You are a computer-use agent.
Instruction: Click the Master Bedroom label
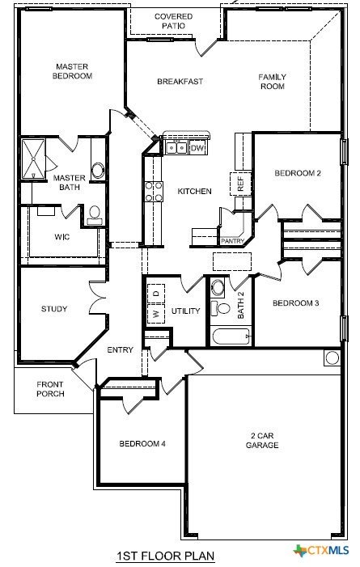[72, 71]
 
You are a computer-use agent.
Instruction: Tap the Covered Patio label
[173, 21]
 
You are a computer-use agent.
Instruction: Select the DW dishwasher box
[197, 148]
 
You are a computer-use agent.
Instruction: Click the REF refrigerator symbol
[240, 184]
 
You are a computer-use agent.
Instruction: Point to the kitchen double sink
[176, 148]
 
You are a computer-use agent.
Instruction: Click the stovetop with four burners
[154, 192]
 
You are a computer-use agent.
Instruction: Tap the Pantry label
[233, 241]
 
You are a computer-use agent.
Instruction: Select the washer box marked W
[156, 314]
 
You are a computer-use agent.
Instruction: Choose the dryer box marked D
[156, 294]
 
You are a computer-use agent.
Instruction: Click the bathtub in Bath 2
[231, 336]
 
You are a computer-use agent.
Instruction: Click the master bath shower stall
[34, 159]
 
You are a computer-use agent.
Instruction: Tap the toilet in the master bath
[95, 215]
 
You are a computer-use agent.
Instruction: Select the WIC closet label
[61, 237]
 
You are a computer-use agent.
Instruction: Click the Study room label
[54, 309]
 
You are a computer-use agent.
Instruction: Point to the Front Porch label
[50, 389]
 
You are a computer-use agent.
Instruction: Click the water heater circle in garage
[332, 358]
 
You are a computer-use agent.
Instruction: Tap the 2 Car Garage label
[262, 441]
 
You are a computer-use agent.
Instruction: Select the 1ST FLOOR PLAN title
[166, 556]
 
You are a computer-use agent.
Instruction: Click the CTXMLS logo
[321, 551]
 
